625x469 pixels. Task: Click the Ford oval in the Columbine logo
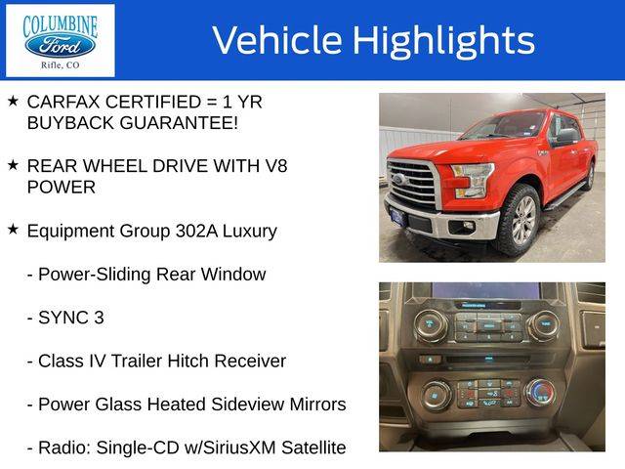(60, 46)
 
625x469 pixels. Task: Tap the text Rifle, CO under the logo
(61, 65)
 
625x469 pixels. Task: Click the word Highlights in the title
(443, 41)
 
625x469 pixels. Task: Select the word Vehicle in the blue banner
(277, 40)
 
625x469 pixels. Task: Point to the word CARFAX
(63, 102)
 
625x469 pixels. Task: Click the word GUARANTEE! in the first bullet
(179, 123)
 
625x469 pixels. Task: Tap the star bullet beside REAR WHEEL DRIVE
(13, 165)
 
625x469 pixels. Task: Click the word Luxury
(250, 232)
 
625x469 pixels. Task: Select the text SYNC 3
(71, 318)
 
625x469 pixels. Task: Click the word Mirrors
(317, 404)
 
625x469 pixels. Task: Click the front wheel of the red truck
(519, 220)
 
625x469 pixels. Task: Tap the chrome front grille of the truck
(413, 185)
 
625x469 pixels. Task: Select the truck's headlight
(473, 180)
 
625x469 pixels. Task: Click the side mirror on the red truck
(566, 137)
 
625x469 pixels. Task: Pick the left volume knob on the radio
(431, 325)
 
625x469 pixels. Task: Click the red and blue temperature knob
(540, 393)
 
